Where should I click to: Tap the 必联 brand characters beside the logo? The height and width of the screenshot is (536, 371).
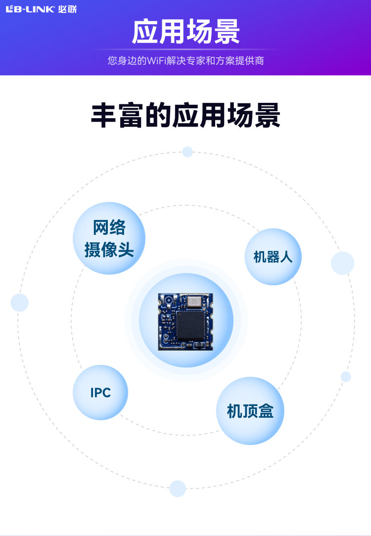click(x=67, y=9)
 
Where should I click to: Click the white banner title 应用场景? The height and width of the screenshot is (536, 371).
click(x=185, y=33)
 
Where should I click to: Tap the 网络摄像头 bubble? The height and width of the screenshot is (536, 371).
click(x=109, y=238)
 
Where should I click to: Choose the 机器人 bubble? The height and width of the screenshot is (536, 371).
click(x=273, y=257)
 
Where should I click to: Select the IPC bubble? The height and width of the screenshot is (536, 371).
click(x=100, y=393)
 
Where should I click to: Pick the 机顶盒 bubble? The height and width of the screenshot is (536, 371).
click(x=250, y=410)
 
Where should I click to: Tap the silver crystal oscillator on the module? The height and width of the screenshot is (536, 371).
click(x=194, y=300)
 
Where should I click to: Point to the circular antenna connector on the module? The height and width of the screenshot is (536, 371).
click(x=168, y=300)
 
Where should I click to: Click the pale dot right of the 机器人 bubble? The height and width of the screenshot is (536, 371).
click(x=342, y=263)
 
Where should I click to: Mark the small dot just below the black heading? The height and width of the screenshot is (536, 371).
click(x=187, y=152)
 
